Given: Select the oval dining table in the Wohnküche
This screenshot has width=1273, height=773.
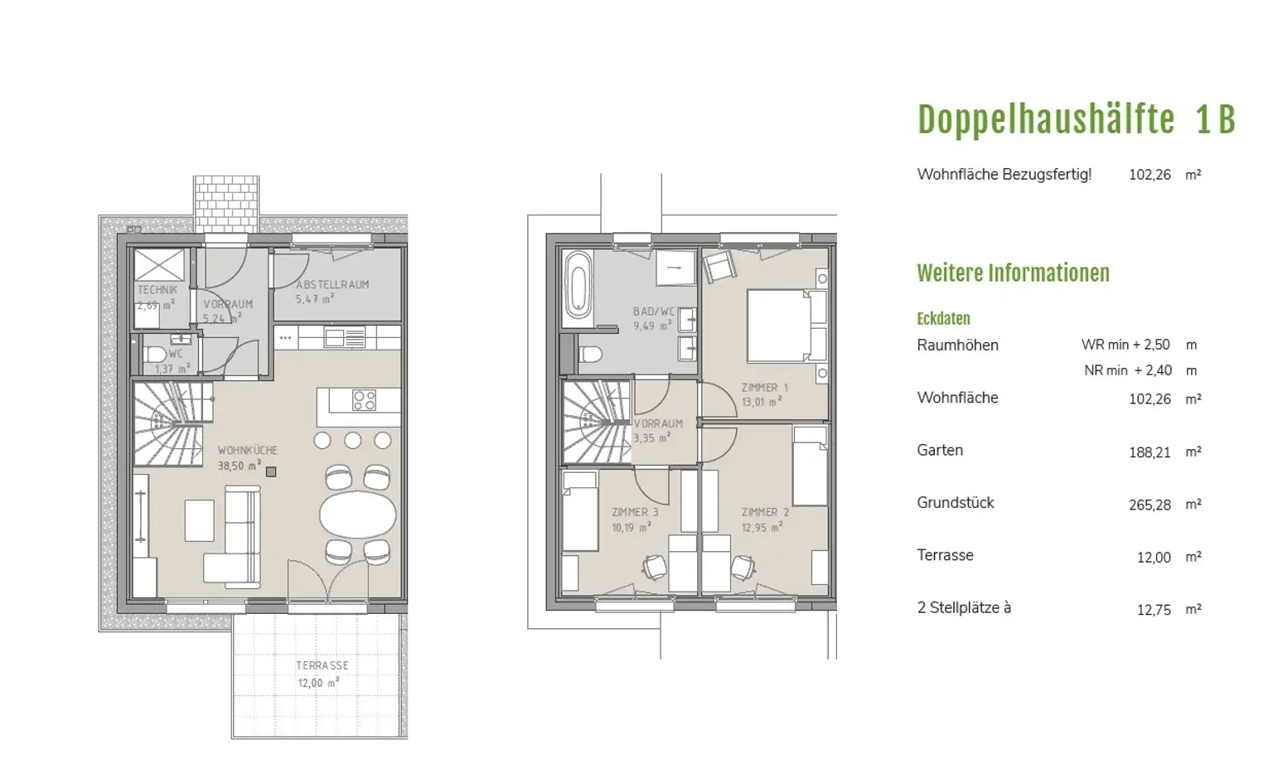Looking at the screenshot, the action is tap(357, 515).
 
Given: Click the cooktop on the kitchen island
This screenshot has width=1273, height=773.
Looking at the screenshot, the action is tap(364, 400).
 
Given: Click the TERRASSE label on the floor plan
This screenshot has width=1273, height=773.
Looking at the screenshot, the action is tap(322, 665).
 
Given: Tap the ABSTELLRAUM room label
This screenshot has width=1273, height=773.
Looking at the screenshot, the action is tap(332, 284).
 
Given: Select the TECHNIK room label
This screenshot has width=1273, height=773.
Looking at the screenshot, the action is tap(157, 290).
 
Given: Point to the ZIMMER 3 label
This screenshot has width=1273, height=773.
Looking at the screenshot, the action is tap(635, 512).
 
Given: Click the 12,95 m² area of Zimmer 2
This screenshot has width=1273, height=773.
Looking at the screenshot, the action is tap(762, 528).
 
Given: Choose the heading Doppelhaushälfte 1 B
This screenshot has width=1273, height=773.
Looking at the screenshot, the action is tap(1077, 120).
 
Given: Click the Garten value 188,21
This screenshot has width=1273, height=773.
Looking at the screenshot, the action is tap(1150, 452).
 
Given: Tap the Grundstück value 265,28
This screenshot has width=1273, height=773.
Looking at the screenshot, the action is tap(1150, 505).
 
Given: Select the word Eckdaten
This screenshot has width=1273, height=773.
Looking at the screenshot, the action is tap(943, 319).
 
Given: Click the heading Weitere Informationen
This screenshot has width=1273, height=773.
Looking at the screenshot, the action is tap(1014, 273).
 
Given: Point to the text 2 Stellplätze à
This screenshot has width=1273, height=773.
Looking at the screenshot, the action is tap(964, 608).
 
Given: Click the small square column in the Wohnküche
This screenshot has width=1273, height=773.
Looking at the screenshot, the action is tap(271, 471).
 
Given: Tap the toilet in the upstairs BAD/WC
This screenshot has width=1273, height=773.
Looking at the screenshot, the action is tap(589, 355).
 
